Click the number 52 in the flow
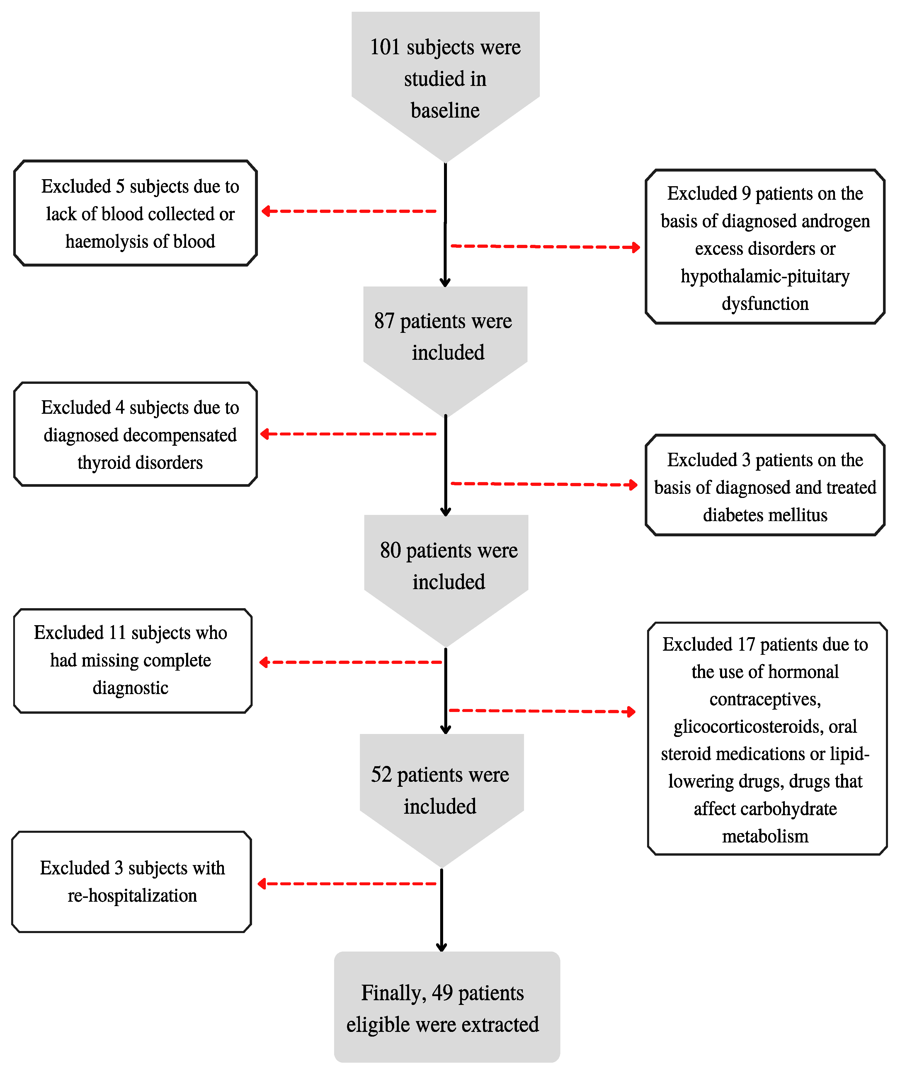click(x=381, y=774)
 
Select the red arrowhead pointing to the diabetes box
click(x=633, y=484)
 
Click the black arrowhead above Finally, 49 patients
click(x=442, y=947)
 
